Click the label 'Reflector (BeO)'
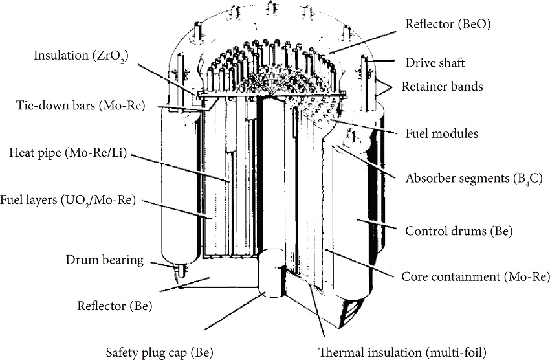[x=452, y=25]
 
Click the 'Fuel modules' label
[x=441, y=134]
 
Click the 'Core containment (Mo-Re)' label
[x=476, y=277]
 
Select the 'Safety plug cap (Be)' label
[x=159, y=353]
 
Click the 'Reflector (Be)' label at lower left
[x=115, y=306]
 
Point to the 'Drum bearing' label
[x=104, y=260]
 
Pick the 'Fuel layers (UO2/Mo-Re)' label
[x=68, y=201]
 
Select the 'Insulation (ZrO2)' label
[x=81, y=56]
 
